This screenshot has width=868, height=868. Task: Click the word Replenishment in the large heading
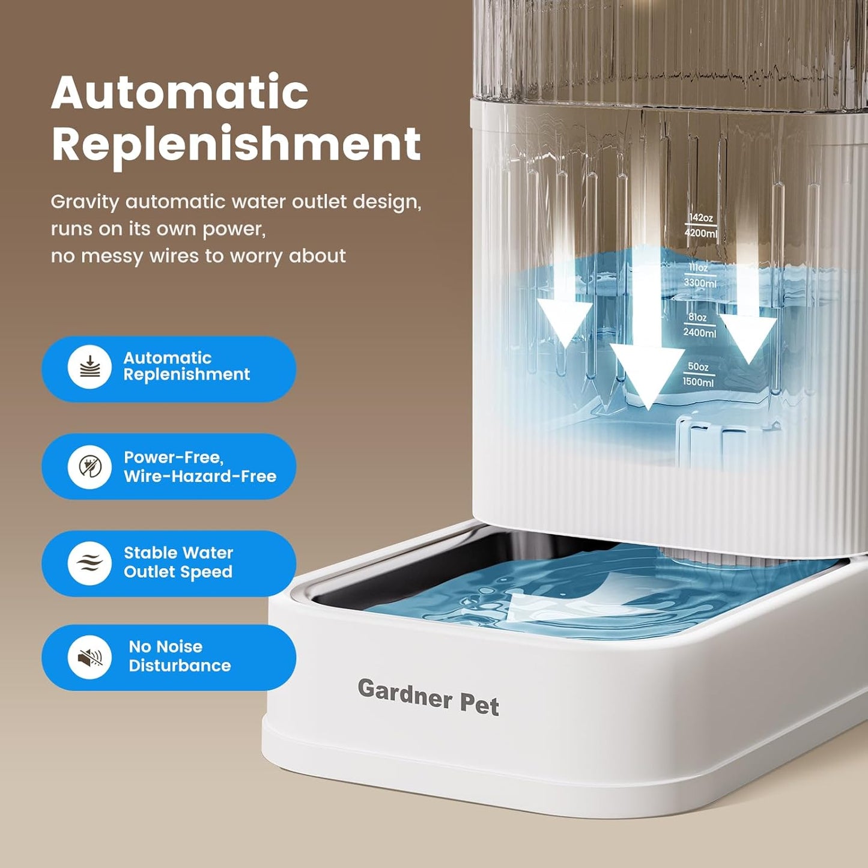pyautogui.click(x=236, y=144)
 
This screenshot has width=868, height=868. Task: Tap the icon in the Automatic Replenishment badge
pyautogui.click(x=90, y=367)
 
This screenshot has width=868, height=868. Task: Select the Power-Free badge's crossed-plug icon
pyautogui.click(x=90, y=466)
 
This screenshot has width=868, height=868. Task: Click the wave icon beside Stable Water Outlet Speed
pyautogui.click(x=90, y=563)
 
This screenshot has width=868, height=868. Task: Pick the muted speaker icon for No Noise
pyautogui.click(x=90, y=657)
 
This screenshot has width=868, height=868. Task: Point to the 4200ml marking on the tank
pyautogui.click(x=700, y=233)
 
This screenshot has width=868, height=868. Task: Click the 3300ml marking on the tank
pyautogui.click(x=700, y=283)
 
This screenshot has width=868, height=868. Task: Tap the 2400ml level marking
pyautogui.click(x=700, y=332)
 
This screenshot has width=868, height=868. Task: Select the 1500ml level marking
pyautogui.click(x=699, y=382)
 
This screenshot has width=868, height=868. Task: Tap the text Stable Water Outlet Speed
pyautogui.click(x=178, y=562)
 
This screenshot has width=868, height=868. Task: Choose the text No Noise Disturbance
pyautogui.click(x=180, y=656)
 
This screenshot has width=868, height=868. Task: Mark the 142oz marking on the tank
pyautogui.click(x=701, y=218)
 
